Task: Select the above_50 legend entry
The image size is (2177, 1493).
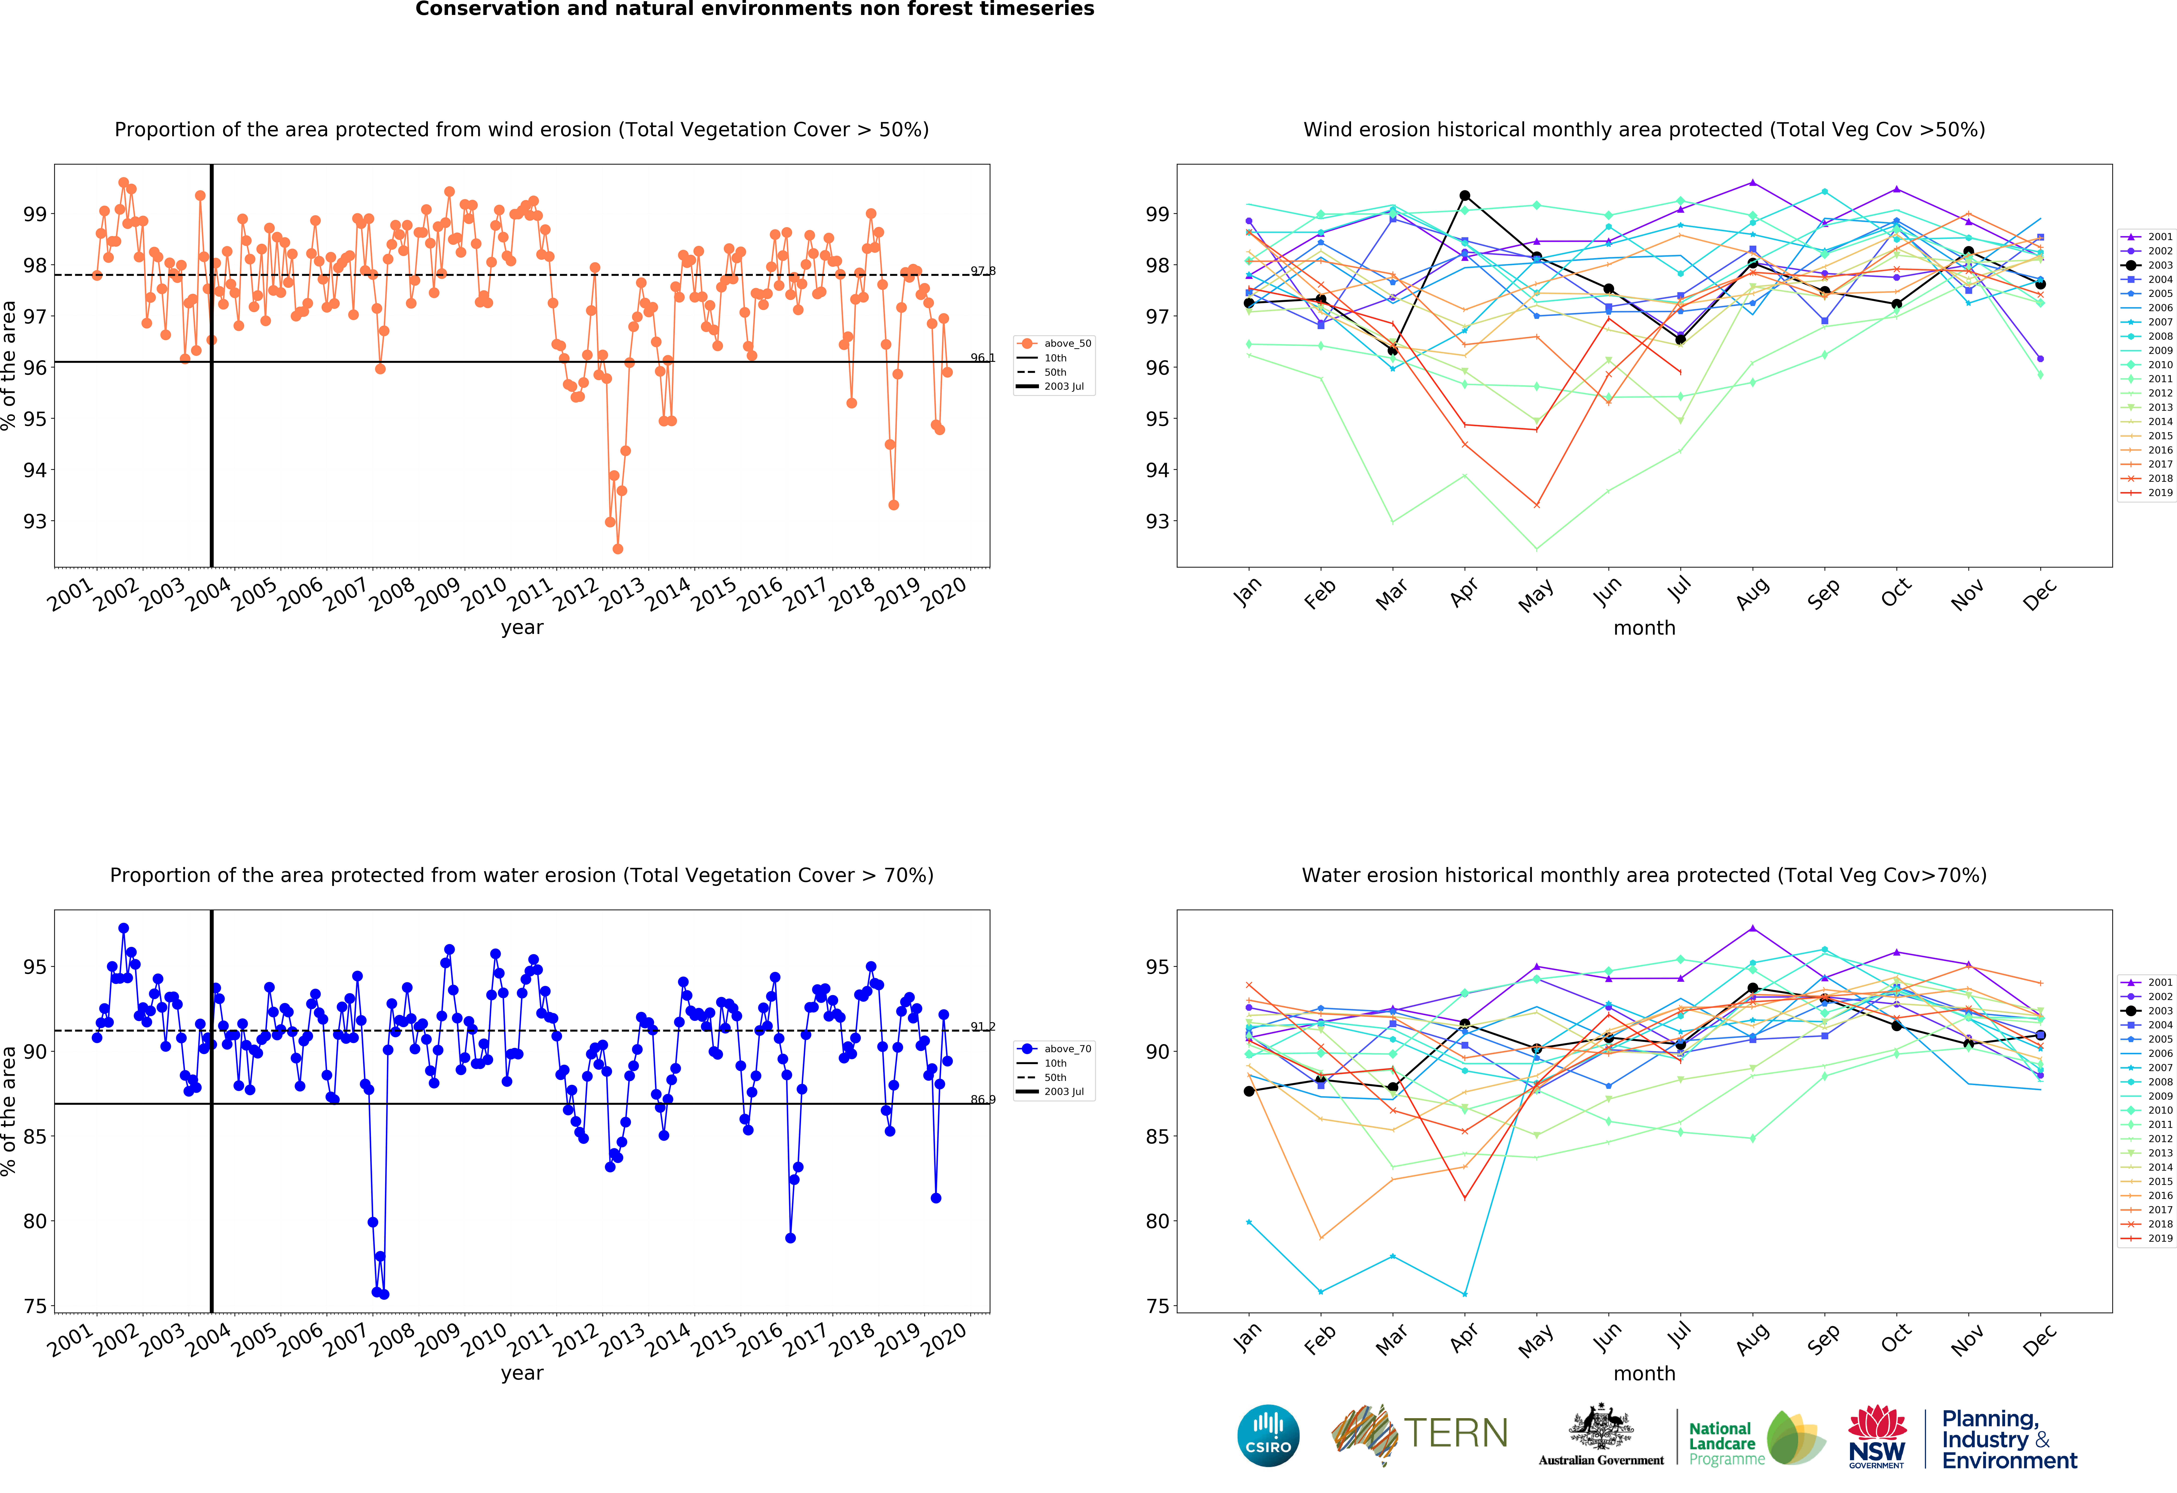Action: click(1054, 344)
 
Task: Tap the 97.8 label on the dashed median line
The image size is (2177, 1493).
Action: click(983, 271)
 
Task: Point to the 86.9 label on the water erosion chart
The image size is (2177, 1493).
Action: click(983, 1099)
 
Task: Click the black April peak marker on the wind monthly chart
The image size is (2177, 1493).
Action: click(1465, 196)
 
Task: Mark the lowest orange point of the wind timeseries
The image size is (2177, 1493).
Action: click(617, 549)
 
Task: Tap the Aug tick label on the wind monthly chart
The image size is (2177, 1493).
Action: click(1753, 593)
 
